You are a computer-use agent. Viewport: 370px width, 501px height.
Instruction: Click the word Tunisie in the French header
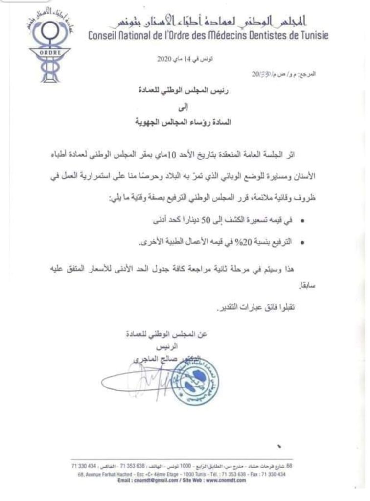(313, 36)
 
